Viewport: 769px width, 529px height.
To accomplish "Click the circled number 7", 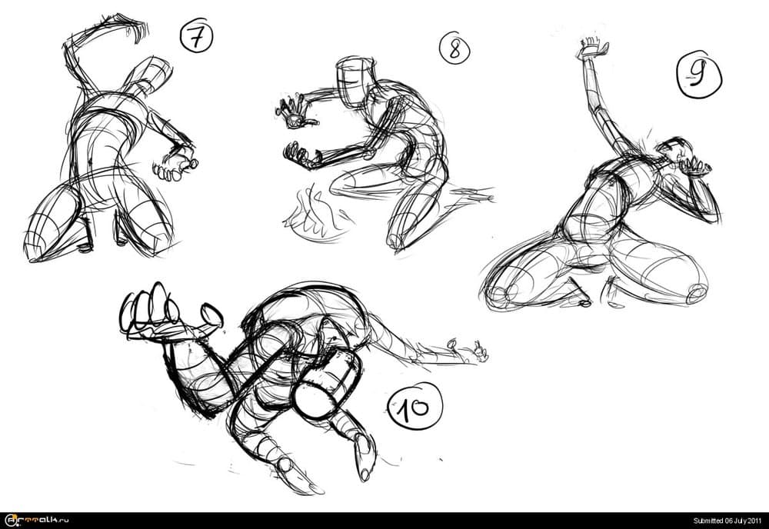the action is coord(197,38).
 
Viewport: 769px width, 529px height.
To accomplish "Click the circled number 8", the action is coord(454,48).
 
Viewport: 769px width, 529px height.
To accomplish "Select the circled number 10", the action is coord(415,406).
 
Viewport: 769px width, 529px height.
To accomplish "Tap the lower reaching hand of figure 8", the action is coord(300,154).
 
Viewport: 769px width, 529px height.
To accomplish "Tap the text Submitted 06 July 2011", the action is coord(727,521).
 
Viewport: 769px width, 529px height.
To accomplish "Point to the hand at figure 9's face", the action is coord(694,164).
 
